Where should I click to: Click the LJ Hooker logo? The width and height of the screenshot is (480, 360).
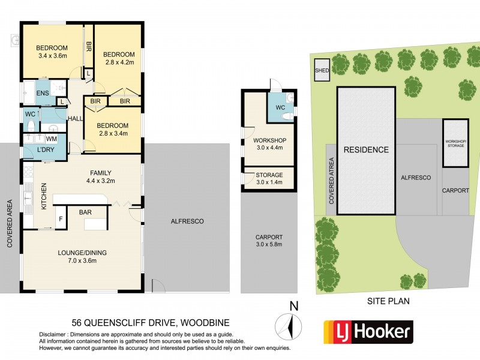[x=368, y=331]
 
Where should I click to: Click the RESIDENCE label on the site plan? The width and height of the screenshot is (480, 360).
[x=365, y=150]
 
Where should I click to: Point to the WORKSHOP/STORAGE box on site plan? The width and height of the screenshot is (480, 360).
[x=455, y=143]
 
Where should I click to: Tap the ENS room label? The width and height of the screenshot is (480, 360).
[x=42, y=94]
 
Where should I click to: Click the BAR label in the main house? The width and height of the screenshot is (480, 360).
[x=85, y=211]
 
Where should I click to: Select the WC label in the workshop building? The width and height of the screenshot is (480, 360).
[x=280, y=107]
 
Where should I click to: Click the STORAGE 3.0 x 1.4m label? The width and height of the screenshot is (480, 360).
[x=268, y=179]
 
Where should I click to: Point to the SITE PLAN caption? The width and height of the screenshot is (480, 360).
[x=389, y=302]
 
